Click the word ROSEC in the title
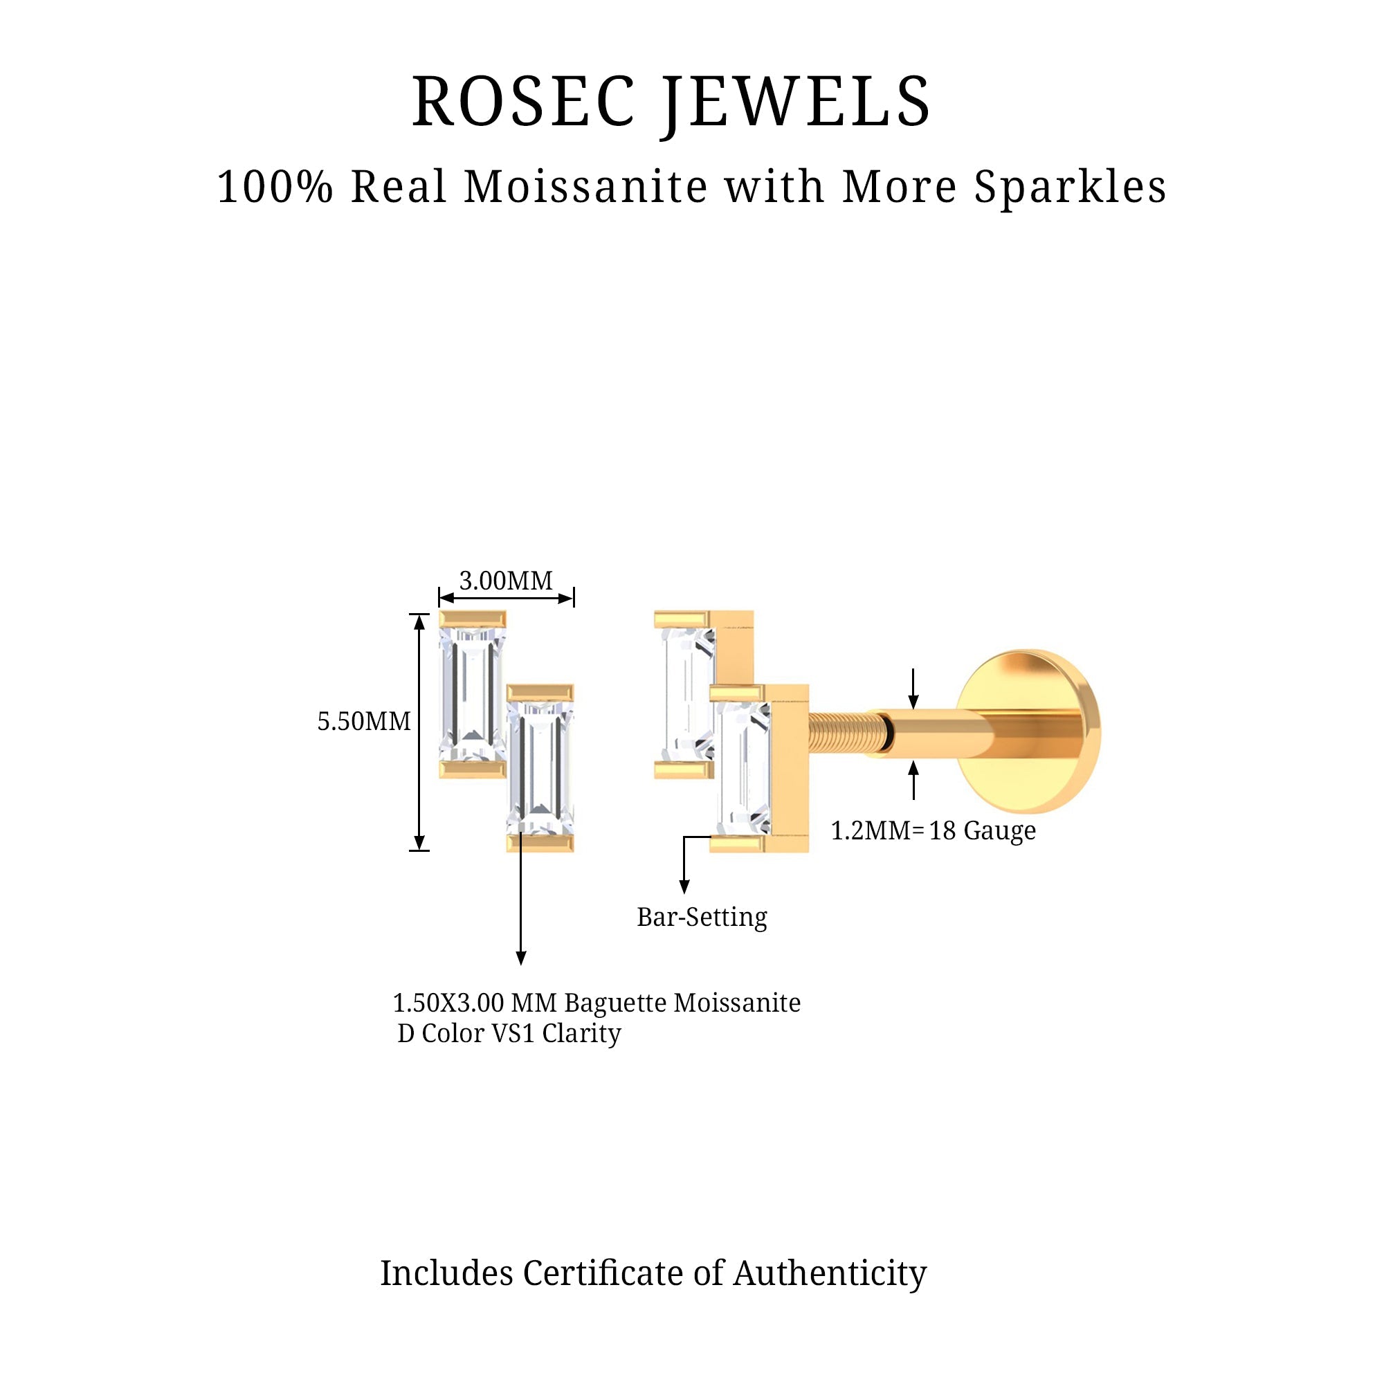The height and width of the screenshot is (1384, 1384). coord(523,102)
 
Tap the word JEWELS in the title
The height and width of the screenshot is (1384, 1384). coord(796,102)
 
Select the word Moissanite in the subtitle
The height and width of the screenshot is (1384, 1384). coord(586,187)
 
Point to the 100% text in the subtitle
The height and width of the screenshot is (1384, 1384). coord(275,187)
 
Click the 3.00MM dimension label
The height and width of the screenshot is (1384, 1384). coord(506,581)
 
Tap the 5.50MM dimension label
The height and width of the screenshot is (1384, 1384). coord(364,720)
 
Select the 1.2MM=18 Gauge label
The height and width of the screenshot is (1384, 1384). coord(933,830)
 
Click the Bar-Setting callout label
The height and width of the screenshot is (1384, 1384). coord(701,917)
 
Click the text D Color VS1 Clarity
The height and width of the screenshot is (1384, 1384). coord(509,1033)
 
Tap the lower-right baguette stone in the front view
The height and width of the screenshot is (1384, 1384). coord(540,768)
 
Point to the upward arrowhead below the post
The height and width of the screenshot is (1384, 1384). coord(913,769)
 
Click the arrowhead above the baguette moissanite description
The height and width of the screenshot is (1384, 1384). coord(521,958)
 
